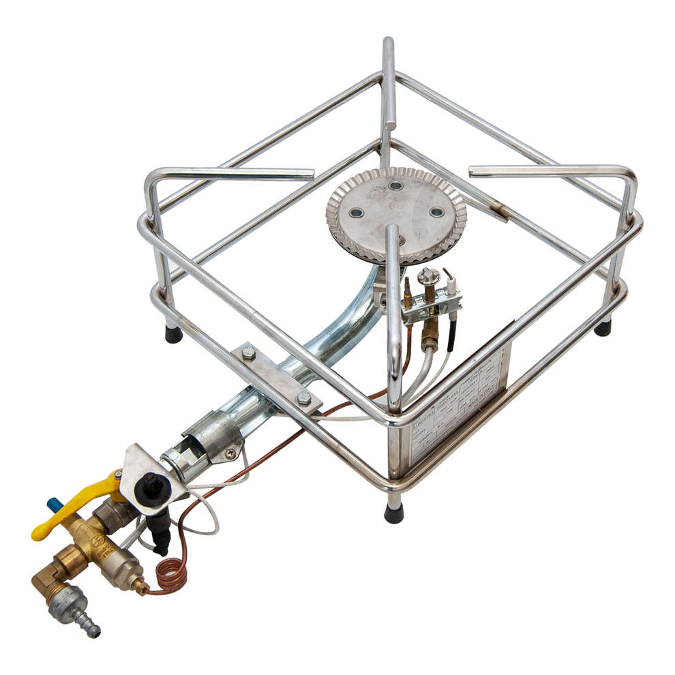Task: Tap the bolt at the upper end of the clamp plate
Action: point(249,354)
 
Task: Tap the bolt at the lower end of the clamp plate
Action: point(304,397)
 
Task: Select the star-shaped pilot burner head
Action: point(428,275)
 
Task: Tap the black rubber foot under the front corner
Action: point(393,513)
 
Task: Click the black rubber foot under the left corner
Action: point(174,334)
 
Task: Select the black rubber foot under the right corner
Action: point(603,327)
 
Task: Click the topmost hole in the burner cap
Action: point(395,185)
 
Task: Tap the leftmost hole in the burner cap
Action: point(356,213)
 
